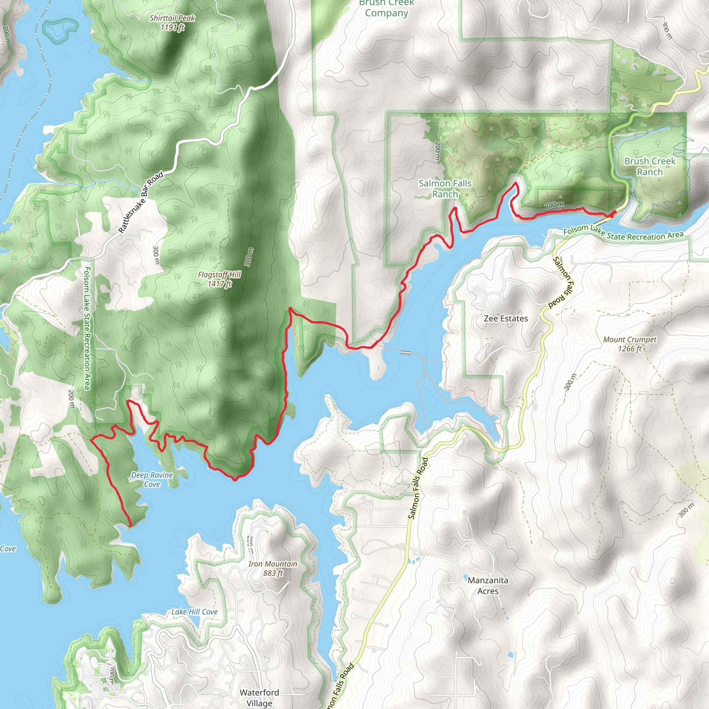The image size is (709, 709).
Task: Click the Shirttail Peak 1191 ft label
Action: pyautogui.click(x=172, y=23)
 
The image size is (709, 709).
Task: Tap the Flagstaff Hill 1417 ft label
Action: pyautogui.click(x=219, y=279)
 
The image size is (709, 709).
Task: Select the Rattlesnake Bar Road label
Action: pyautogui.click(x=141, y=203)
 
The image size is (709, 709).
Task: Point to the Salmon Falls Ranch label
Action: pyautogui.click(x=445, y=188)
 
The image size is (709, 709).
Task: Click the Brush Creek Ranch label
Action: pyautogui.click(x=649, y=166)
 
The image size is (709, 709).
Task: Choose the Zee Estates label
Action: pyautogui.click(x=506, y=318)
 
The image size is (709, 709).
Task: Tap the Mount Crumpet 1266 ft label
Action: pyautogui.click(x=630, y=344)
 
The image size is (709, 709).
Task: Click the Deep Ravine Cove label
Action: pyautogui.click(x=152, y=479)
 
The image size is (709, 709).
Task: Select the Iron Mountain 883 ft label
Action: pyautogui.click(x=273, y=568)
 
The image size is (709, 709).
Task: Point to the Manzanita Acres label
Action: pyautogui.click(x=488, y=585)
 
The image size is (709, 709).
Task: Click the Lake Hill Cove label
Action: pyautogui.click(x=195, y=612)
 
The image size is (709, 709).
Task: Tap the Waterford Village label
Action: pyautogui.click(x=259, y=697)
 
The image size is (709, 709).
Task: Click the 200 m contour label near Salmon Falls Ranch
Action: pyautogui.click(x=437, y=151)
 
